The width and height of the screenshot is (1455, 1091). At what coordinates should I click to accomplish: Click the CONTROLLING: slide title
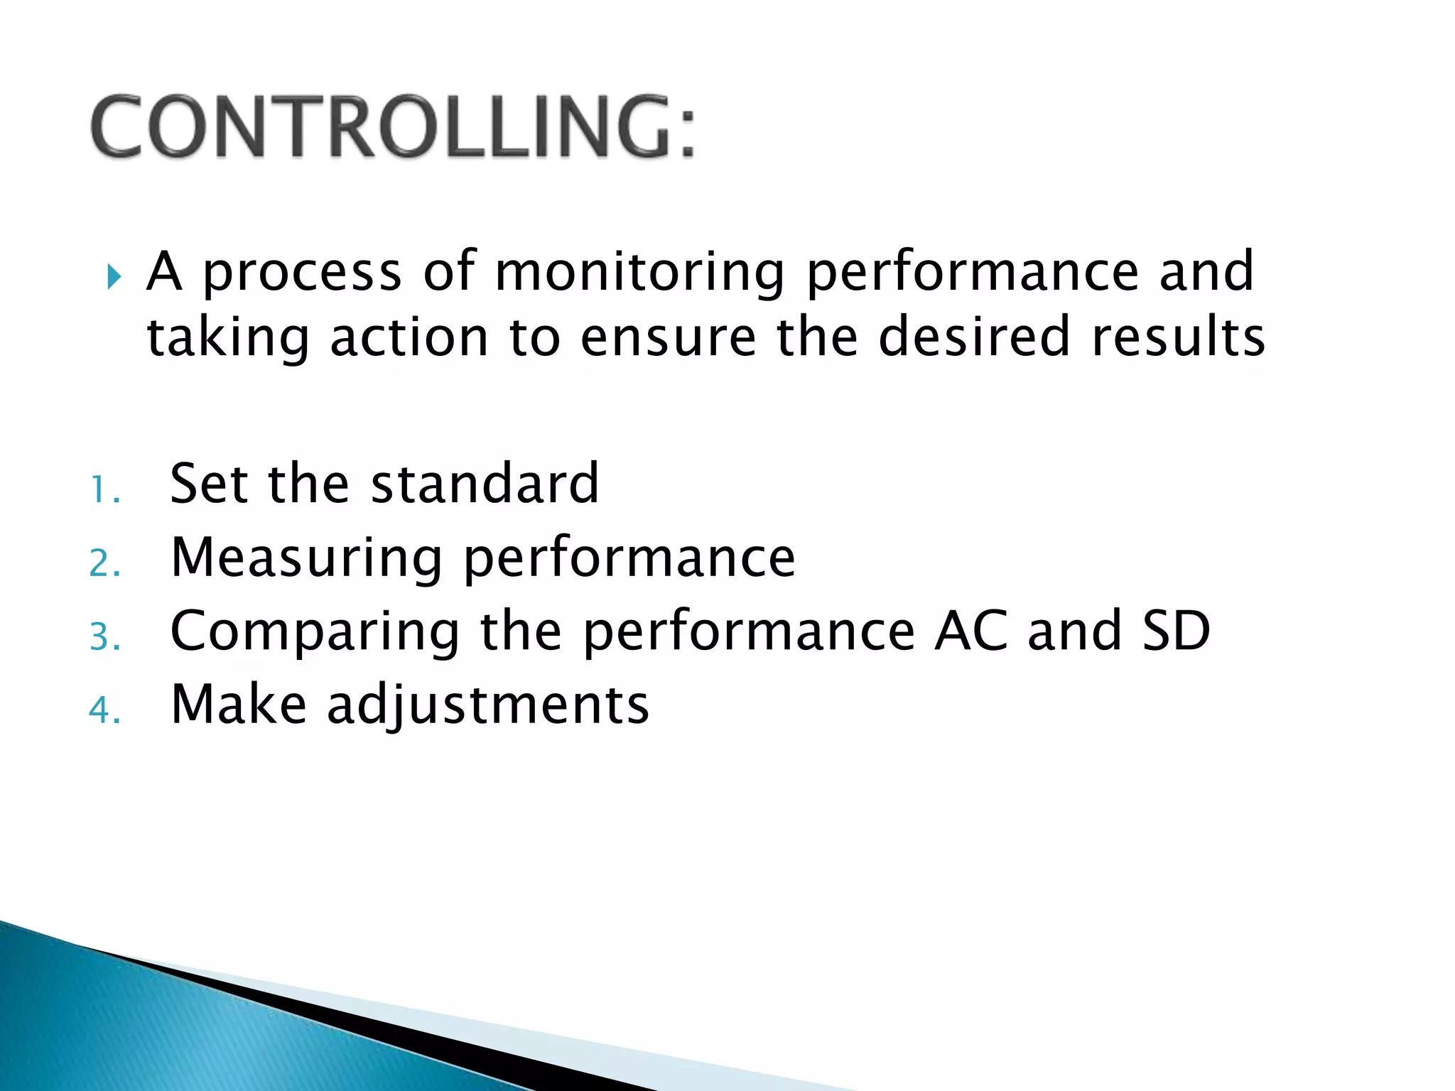coord(393,127)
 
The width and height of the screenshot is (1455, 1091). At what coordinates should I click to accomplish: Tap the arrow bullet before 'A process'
coord(114,276)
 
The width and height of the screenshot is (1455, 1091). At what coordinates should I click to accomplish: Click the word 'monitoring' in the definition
coord(639,272)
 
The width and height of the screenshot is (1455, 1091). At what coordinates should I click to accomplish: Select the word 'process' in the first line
coord(303,273)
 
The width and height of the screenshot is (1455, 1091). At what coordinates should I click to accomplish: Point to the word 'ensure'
coord(668,337)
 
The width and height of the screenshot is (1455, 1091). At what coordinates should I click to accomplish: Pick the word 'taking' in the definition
coord(227,339)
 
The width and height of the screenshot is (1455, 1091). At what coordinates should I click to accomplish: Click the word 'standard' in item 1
coord(485,484)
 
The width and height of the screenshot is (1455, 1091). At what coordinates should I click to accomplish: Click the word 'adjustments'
coord(487,705)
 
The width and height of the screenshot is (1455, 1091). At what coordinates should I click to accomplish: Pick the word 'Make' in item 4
coord(239,704)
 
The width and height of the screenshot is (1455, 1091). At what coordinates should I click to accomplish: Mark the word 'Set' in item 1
coord(210,484)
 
